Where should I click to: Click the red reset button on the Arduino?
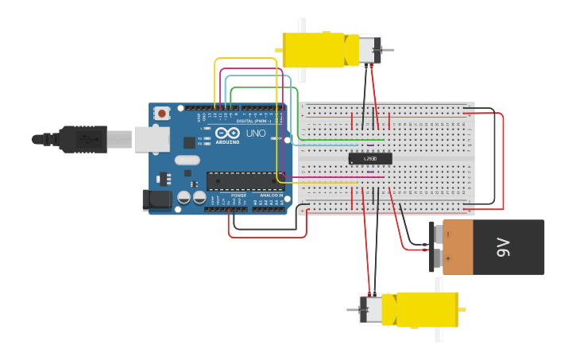click(162, 114)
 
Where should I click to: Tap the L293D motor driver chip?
click(370, 159)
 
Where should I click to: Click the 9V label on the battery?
click(502, 247)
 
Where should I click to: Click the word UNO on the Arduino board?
click(256, 133)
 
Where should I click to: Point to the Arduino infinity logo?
click(227, 134)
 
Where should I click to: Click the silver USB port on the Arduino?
click(152, 139)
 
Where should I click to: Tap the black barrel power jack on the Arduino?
click(157, 200)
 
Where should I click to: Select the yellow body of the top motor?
click(314, 49)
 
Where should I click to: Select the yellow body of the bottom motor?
click(427, 309)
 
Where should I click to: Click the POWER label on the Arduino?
click(238, 195)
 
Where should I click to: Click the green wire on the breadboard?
click(334, 141)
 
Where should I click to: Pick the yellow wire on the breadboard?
click(318, 182)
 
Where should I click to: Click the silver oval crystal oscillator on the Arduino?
click(187, 160)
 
